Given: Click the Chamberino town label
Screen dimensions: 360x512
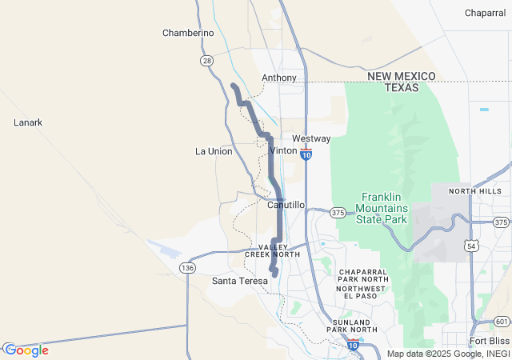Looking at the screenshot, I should pyautogui.click(x=188, y=33).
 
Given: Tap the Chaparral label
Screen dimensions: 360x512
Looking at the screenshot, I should pyautogui.click(x=485, y=13).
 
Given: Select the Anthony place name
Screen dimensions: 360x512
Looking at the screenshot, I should pyautogui.click(x=279, y=78).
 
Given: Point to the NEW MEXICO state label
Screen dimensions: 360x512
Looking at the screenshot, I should pyautogui.click(x=402, y=76).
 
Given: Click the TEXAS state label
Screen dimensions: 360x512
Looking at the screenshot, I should pyautogui.click(x=402, y=87).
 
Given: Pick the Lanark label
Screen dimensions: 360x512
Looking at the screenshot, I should pyautogui.click(x=28, y=122).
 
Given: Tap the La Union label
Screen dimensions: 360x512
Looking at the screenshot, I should pyautogui.click(x=214, y=151).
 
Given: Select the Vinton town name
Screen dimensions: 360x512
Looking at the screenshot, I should pyautogui.click(x=284, y=150).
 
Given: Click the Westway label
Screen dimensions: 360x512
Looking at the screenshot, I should pyautogui.click(x=311, y=138).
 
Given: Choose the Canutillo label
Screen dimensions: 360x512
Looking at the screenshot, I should pyautogui.click(x=286, y=205).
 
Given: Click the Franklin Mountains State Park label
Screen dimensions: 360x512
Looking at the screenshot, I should pyautogui.click(x=385, y=207).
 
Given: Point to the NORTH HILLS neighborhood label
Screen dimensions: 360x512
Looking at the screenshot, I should pyautogui.click(x=475, y=192).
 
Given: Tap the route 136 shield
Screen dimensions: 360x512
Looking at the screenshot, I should pyautogui.click(x=187, y=267).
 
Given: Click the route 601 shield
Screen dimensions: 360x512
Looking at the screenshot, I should pyautogui.click(x=502, y=322).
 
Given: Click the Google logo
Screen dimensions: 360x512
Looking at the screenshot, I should pyautogui.click(x=26, y=350).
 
